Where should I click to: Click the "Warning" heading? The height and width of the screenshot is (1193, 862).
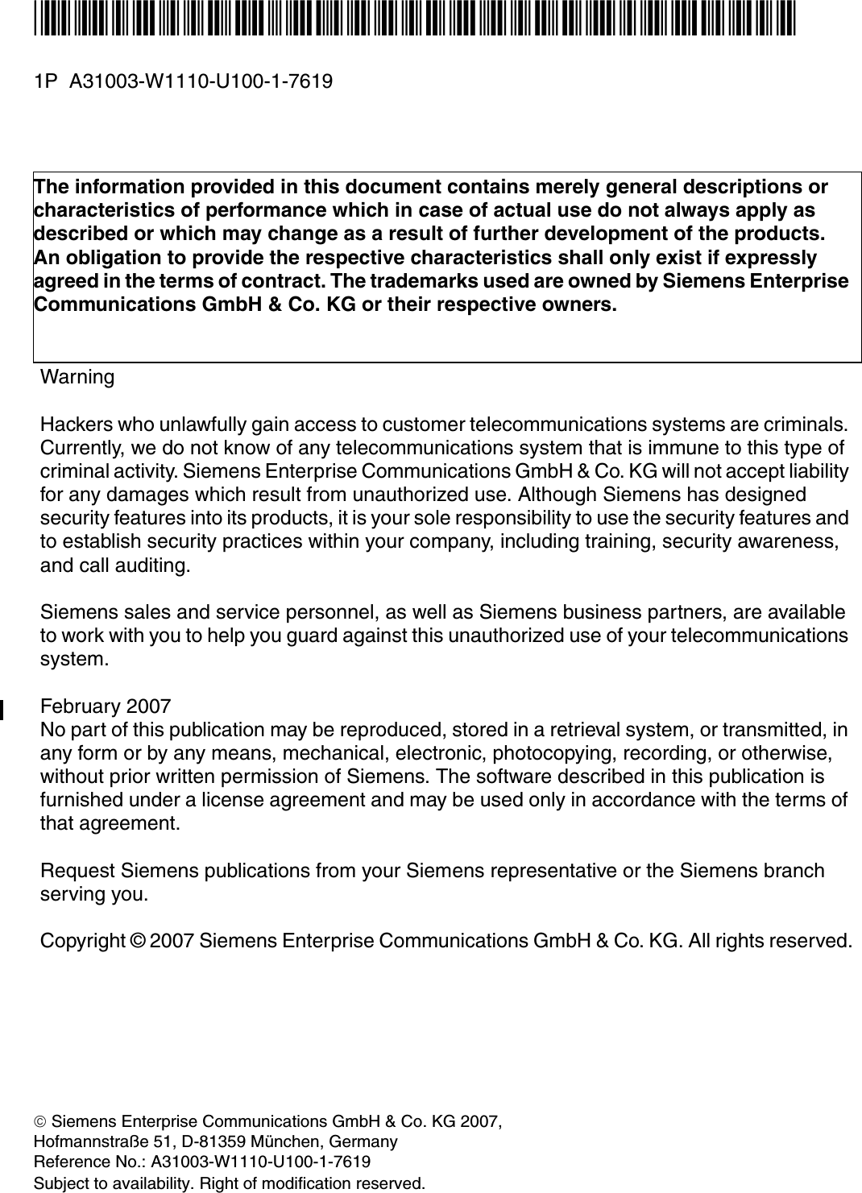click(x=77, y=377)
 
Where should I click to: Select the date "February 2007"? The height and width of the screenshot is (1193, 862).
click(x=106, y=707)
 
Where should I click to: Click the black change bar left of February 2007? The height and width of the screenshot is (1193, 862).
click(x=2, y=709)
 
